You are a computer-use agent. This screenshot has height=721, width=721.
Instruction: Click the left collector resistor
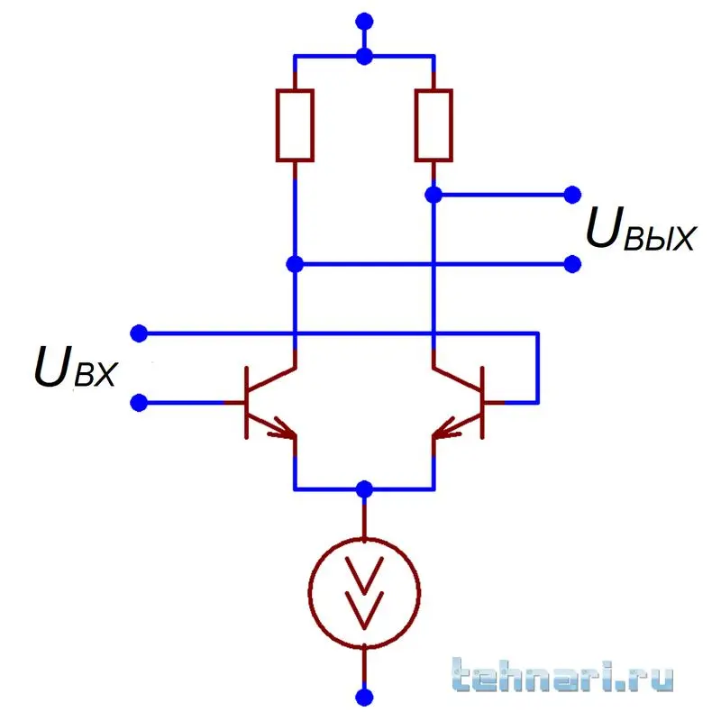click(x=295, y=125)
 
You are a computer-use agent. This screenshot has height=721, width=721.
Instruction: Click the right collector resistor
click(x=434, y=125)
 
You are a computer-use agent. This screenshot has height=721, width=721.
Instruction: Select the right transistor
click(x=460, y=403)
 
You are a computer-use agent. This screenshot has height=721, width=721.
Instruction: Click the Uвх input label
click(x=76, y=368)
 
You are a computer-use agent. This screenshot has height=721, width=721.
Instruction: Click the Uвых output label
click(x=641, y=229)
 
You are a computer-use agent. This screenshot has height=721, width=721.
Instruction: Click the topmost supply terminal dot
click(x=364, y=21)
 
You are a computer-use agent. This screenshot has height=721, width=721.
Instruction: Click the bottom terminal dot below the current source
click(x=364, y=698)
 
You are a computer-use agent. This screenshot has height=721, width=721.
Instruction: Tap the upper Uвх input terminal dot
click(x=139, y=333)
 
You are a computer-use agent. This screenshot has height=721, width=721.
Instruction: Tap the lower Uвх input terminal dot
click(x=139, y=403)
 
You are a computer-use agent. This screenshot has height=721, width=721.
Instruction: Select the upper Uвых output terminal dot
click(x=572, y=195)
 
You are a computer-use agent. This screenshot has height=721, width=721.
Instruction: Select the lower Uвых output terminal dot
click(x=572, y=264)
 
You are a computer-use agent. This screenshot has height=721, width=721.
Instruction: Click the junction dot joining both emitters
click(x=364, y=489)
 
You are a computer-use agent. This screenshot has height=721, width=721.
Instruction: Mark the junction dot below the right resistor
click(x=434, y=195)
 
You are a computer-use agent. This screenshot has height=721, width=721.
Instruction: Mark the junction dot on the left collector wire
click(x=295, y=264)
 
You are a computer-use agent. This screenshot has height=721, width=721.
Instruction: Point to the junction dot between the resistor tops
click(x=364, y=57)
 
